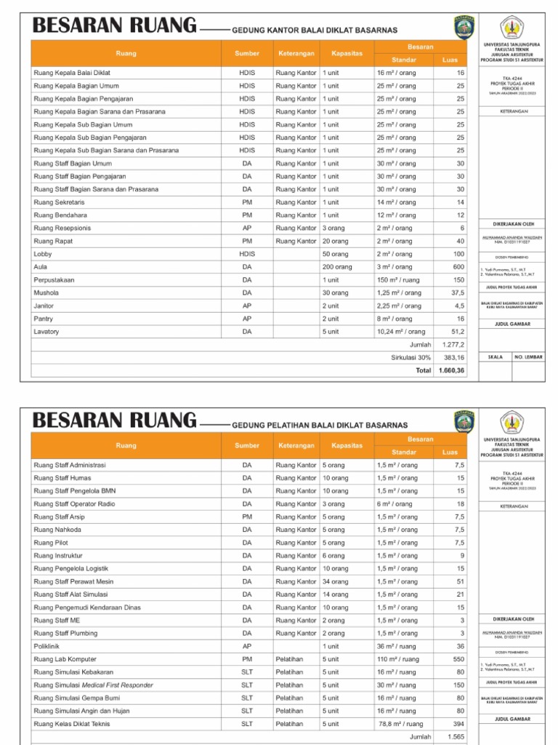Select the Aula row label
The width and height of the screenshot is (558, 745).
pos(40,267)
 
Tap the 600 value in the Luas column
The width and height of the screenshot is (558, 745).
pos(458,267)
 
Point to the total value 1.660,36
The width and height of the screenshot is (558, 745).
pos(450,370)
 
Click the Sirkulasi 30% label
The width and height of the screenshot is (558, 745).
pos(411,357)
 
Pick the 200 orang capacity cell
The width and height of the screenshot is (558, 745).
pos(337,267)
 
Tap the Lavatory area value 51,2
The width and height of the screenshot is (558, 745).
pos(457,332)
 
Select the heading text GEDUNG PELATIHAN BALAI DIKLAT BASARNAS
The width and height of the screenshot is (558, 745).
pos(320,425)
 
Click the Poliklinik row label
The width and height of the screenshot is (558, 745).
pos(46,646)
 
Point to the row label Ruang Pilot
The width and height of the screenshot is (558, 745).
pos(49,543)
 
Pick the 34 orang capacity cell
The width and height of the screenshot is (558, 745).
pos(335,581)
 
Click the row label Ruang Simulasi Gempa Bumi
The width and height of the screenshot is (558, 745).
pos(76,698)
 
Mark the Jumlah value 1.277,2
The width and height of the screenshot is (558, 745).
pos(453,344)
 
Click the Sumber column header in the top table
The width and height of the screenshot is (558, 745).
pos(247,54)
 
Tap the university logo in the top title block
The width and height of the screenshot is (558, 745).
pos(517,28)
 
